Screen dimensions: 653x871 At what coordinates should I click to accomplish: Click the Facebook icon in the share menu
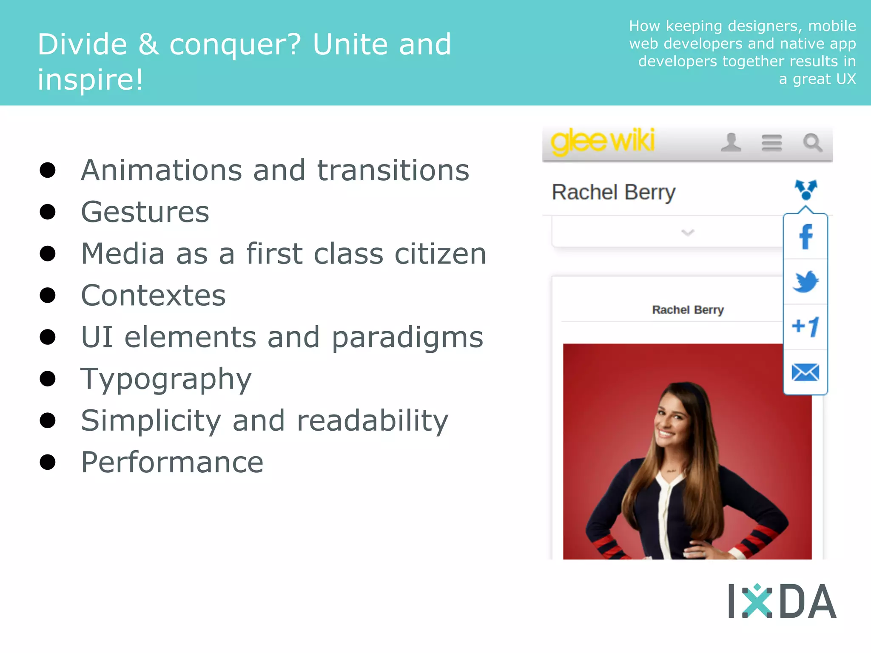click(806, 237)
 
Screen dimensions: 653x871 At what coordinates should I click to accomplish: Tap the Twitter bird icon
click(806, 281)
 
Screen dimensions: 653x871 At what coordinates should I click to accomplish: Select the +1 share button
click(806, 327)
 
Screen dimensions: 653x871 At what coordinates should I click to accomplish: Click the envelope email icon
click(806, 372)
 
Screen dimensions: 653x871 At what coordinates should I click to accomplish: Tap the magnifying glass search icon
click(812, 143)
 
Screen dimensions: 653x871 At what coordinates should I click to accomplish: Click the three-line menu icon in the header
click(771, 143)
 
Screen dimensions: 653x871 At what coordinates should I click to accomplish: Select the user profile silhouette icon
click(731, 143)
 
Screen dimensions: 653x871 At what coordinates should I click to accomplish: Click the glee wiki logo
click(603, 142)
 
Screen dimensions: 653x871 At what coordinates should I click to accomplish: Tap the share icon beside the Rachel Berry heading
click(806, 190)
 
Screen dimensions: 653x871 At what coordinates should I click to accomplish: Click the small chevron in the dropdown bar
click(688, 232)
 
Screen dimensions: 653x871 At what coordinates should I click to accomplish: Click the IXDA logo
click(782, 601)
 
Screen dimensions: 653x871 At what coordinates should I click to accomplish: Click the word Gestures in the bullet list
click(145, 212)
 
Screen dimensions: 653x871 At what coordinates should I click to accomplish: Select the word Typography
click(166, 379)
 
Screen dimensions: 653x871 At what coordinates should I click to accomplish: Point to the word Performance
click(172, 462)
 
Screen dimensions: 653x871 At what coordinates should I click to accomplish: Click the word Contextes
click(153, 295)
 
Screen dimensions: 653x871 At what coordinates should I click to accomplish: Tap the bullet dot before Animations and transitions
click(48, 170)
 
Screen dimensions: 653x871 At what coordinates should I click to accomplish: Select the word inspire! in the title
click(90, 79)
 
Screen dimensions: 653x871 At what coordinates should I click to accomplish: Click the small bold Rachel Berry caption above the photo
click(688, 310)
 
